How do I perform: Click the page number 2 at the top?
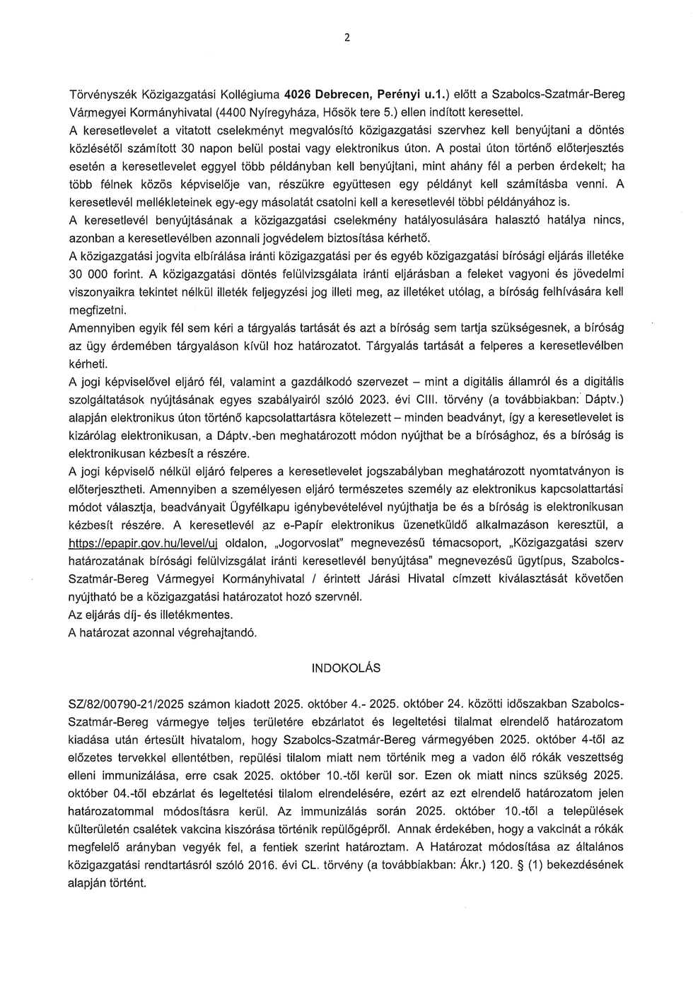click(x=346, y=38)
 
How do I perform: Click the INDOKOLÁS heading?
click(x=346, y=668)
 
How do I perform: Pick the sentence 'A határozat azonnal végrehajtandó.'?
click(x=163, y=633)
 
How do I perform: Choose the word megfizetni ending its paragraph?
click(x=97, y=310)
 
